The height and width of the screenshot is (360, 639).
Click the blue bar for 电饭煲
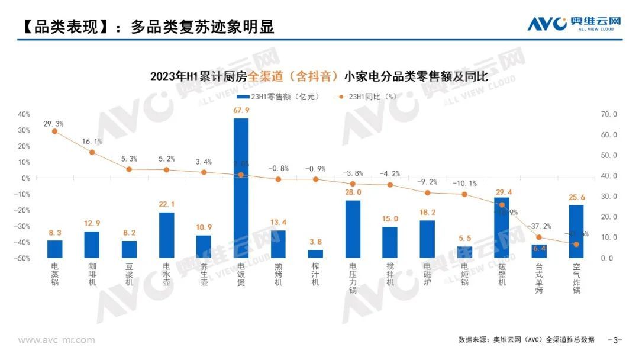pyautogui.click(x=241, y=188)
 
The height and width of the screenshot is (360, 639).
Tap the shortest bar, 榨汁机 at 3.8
pyautogui.click(x=315, y=253)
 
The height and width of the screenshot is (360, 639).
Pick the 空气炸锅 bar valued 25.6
pyautogui.click(x=576, y=231)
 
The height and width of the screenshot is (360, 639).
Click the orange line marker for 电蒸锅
pyautogui.click(x=54, y=131)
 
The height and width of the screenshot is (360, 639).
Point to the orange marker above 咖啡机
pyautogui.click(x=92, y=152)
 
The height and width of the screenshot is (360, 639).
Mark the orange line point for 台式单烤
pyautogui.click(x=539, y=237)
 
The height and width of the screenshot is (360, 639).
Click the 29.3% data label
pyautogui.click(x=53, y=124)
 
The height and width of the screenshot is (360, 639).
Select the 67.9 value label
pyautogui.click(x=241, y=110)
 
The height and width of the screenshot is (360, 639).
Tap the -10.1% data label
pyautogui.click(x=464, y=183)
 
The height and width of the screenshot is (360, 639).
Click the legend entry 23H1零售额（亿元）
pyautogui.click(x=277, y=97)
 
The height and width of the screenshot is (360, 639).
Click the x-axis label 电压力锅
pyautogui.click(x=353, y=278)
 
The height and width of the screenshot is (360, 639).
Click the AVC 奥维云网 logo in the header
pyautogui.click(x=573, y=23)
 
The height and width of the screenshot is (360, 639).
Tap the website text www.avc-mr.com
pyautogui.click(x=56, y=340)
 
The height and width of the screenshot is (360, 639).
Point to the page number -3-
pyautogui.click(x=616, y=340)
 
